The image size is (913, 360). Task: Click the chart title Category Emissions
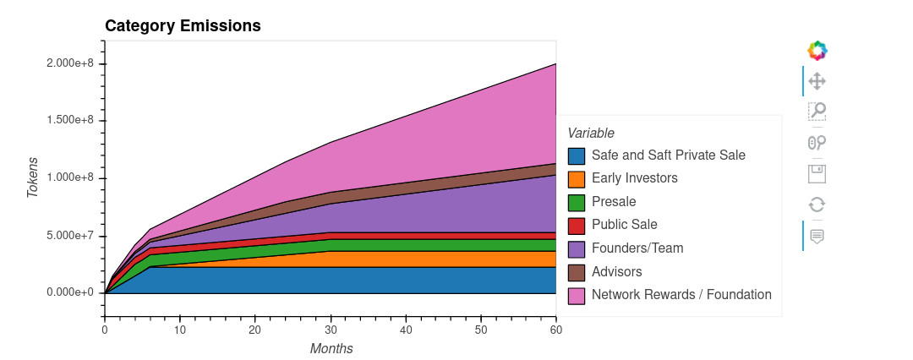click(x=183, y=26)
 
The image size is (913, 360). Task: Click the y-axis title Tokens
click(x=33, y=177)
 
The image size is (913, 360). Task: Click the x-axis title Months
click(x=331, y=348)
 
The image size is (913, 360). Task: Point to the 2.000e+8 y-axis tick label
click(x=71, y=64)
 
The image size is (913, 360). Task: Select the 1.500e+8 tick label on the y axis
click(x=71, y=121)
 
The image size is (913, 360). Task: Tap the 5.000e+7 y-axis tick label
click(x=71, y=235)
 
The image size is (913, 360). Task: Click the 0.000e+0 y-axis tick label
click(x=71, y=292)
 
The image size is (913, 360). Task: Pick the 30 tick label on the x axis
click(x=331, y=330)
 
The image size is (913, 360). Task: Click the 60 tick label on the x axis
click(x=555, y=330)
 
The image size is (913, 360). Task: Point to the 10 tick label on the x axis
click(x=180, y=330)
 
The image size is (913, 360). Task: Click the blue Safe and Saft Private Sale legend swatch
click(x=577, y=155)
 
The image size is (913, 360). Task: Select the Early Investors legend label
click(x=634, y=178)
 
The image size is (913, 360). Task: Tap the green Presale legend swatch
click(x=577, y=202)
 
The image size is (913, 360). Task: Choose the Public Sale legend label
click(x=624, y=225)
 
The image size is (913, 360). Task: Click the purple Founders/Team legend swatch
click(x=577, y=248)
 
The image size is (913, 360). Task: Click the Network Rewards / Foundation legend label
click(x=681, y=295)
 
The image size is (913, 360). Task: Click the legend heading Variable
click(x=591, y=133)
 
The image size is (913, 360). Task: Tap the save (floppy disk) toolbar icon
click(x=817, y=173)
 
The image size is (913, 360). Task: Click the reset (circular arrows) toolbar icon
click(x=817, y=204)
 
